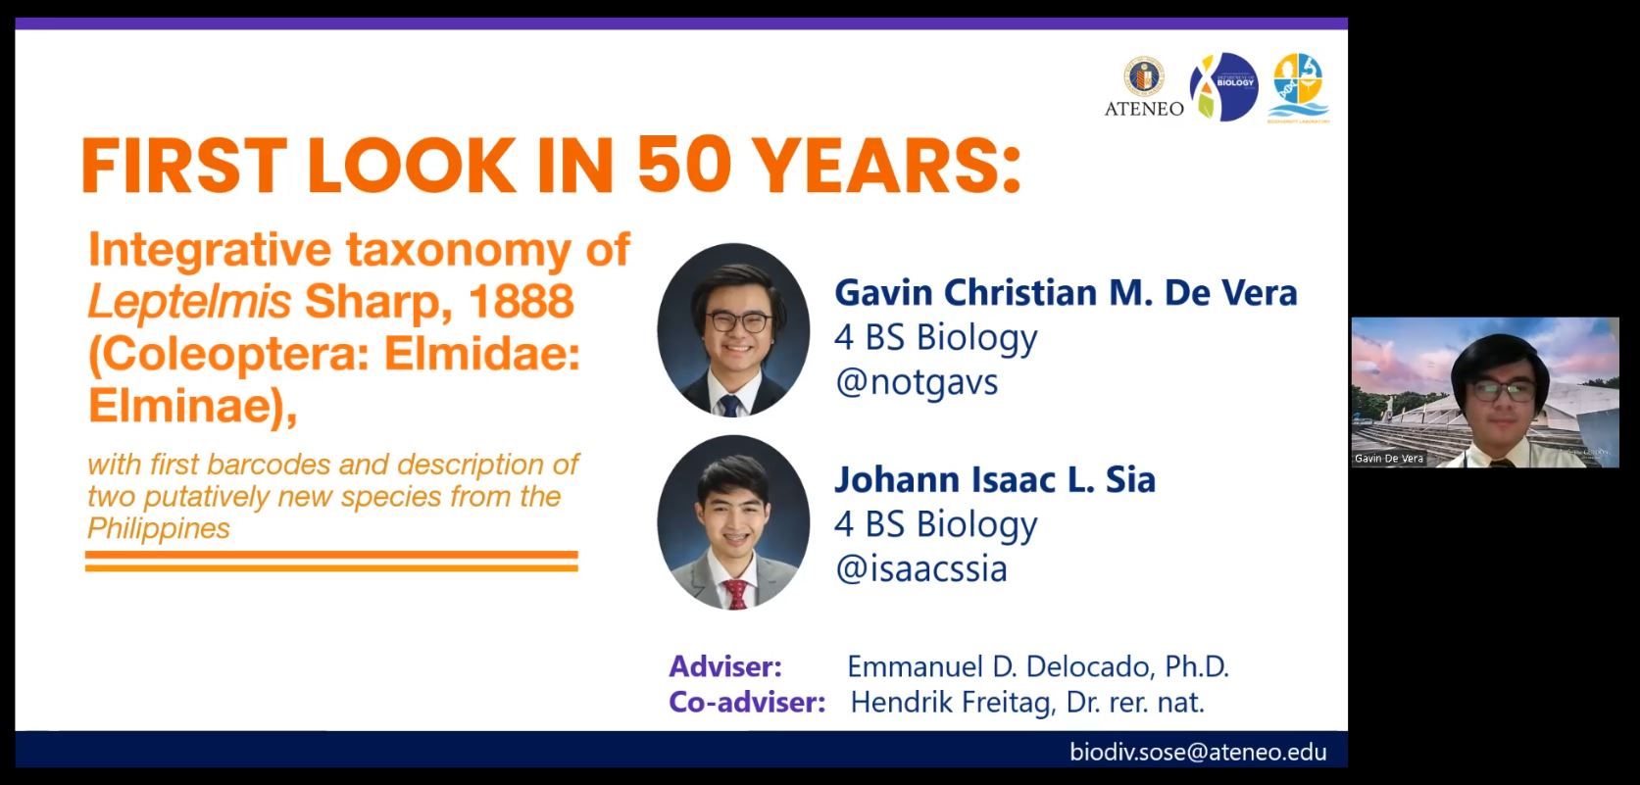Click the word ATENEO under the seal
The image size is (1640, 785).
(1144, 109)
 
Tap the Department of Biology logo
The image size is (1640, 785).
(1223, 86)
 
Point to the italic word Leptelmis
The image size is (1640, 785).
(189, 302)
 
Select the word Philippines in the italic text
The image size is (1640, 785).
(158, 528)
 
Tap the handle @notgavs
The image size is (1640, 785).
(917, 382)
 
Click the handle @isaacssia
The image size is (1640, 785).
(921, 569)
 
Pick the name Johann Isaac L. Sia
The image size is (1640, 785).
(995, 479)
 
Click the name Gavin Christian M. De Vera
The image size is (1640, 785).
(1066, 292)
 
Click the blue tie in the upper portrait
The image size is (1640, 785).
(729, 406)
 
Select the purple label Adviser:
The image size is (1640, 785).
(725, 666)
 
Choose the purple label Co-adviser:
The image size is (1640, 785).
(747, 703)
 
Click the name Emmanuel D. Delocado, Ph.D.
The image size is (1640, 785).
(1037, 666)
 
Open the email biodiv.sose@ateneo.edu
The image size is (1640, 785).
(1198, 752)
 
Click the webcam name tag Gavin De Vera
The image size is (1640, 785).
(1388, 459)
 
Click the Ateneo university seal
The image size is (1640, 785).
(1144, 76)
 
